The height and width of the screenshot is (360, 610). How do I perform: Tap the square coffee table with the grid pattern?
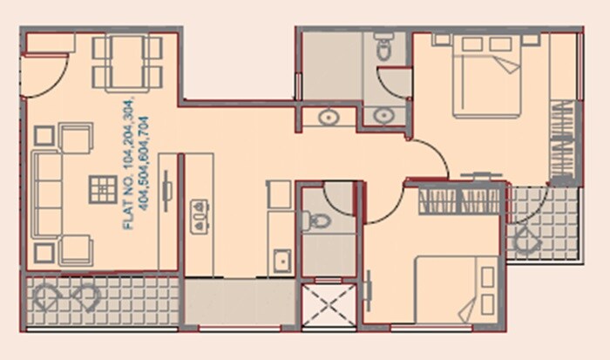[103, 187]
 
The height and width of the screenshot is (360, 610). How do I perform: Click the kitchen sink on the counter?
[281, 259]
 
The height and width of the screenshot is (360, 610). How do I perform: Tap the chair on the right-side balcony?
[527, 240]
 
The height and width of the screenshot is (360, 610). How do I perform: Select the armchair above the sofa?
[74, 138]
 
